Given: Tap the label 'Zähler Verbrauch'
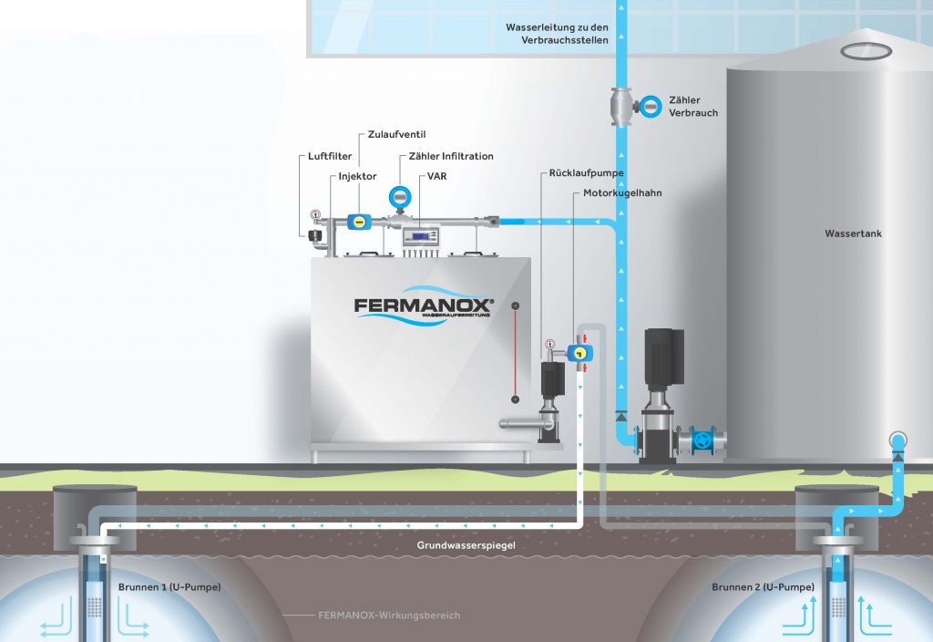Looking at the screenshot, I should pyautogui.click(x=692, y=107).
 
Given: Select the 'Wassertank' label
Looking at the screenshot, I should pyautogui.click(x=853, y=233).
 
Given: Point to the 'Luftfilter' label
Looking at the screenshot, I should pyautogui.click(x=323, y=157).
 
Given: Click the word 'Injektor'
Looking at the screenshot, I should pyautogui.click(x=358, y=175).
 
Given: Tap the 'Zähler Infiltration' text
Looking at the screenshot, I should pyautogui.click(x=451, y=156).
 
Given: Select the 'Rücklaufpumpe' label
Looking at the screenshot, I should pyautogui.click(x=586, y=172).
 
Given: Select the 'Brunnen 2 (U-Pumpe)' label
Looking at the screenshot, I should pyautogui.click(x=762, y=587).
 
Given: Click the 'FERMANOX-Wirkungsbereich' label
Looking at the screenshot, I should pyautogui.click(x=389, y=616).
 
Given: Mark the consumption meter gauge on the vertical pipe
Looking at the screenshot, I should pyautogui.click(x=651, y=106).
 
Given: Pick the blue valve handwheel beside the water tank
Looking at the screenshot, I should pyautogui.click(x=702, y=439).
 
